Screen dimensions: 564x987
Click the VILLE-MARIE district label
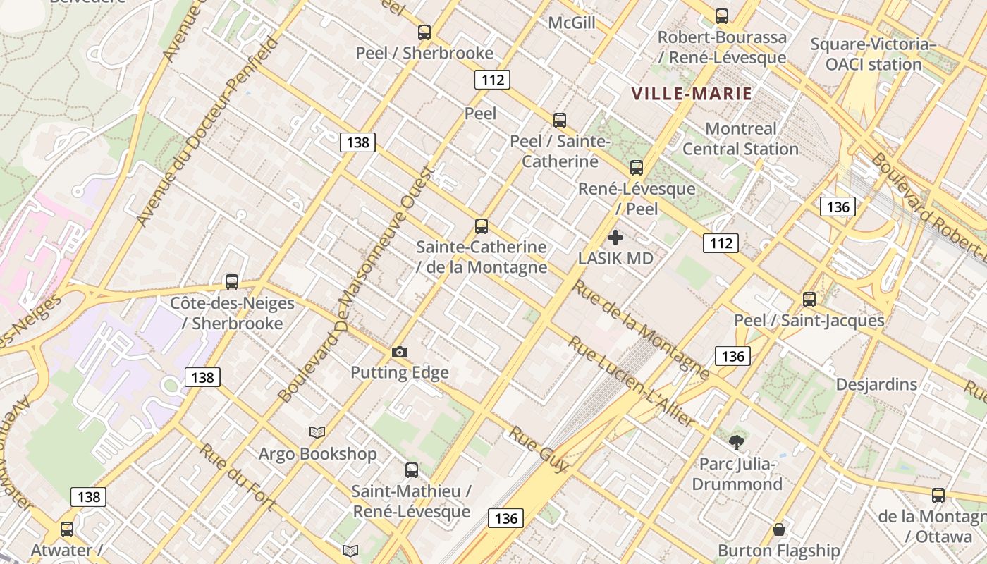(x=692, y=93)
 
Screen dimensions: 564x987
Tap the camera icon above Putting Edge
(x=400, y=352)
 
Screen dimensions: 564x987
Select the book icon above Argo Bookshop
(x=317, y=432)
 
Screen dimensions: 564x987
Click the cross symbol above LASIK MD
(x=615, y=238)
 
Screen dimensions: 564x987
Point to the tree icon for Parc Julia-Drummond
(x=737, y=443)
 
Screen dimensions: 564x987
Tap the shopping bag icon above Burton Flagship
(x=779, y=529)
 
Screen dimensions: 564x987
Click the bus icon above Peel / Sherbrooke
(x=424, y=32)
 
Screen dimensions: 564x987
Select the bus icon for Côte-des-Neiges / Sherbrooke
(x=232, y=282)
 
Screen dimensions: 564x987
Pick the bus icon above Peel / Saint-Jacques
(x=809, y=299)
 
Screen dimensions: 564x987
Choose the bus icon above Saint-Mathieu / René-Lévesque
(x=412, y=470)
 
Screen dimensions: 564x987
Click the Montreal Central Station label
(x=740, y=139)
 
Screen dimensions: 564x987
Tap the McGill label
(x=572, y=23)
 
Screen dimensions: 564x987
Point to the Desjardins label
(x=876, y=384)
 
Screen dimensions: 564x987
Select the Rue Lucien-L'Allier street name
(x=632, y=381)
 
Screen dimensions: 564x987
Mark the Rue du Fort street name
(x=237, y=476)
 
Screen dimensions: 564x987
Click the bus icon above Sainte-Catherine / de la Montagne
(x=482, y=226)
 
